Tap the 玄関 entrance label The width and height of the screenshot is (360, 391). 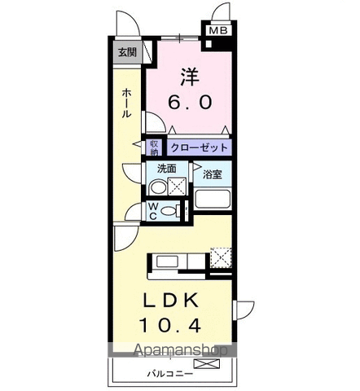pyautogui.click(x=127, y=53)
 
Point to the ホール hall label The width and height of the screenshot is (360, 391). pyautogui.click(x=127, y=104)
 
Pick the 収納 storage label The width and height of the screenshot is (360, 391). pyautogui.click(x=155, y=147)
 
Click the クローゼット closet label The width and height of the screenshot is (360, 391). pyautogui.click(x=199, y=148)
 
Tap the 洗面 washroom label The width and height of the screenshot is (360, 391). pyautogui.click(x=166, y=169)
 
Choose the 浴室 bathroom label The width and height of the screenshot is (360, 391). pyautogui.click(x=213, y=173)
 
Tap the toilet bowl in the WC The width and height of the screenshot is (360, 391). pyautogui.click(x=169, y=211)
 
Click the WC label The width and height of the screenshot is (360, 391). pyautogui.click(x=152, y=211)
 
